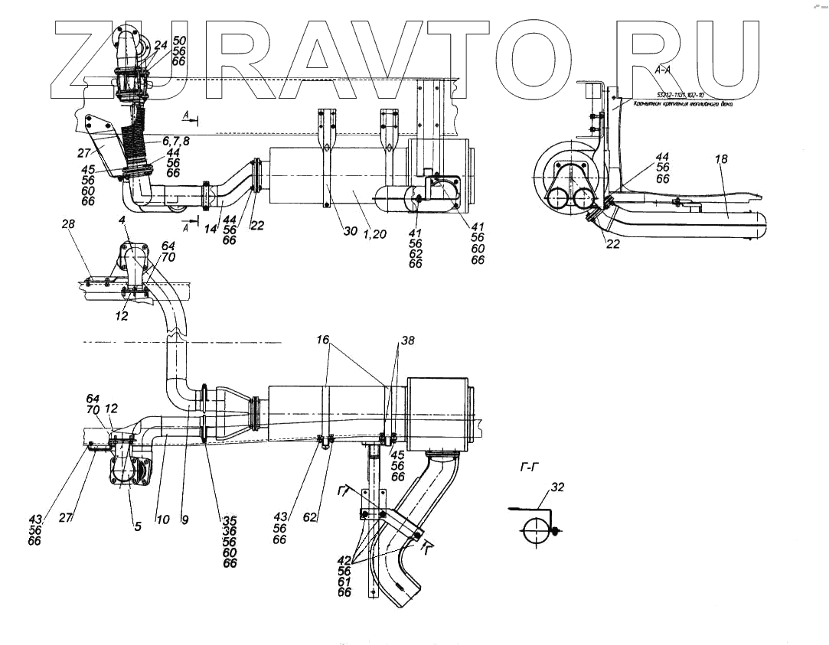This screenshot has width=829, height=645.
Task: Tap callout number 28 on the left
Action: point(70,226)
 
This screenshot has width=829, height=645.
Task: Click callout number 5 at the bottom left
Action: point(138,526)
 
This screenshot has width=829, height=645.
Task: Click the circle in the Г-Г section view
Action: point(536,529)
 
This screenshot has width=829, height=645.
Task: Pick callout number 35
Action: point(230,520)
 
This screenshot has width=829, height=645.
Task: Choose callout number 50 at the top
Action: point(178,39)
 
